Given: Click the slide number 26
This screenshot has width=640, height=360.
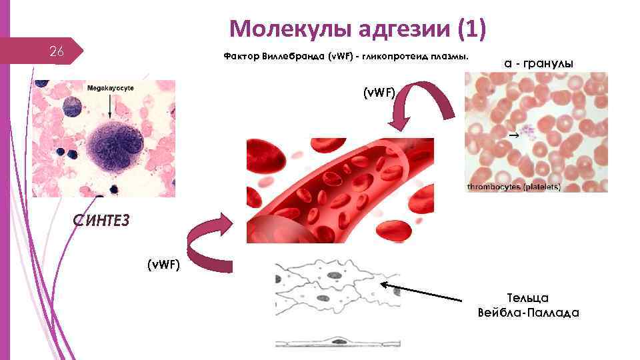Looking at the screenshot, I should (x=57, y=52).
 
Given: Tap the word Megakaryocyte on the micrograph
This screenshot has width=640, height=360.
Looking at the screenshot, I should (x=109, y=88).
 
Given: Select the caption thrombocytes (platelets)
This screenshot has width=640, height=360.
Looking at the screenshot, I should (x=513, y=187).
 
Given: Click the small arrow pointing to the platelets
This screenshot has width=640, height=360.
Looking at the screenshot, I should (x=514, y=135).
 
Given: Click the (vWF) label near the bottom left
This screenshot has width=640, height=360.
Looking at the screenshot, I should (x=163, y=265).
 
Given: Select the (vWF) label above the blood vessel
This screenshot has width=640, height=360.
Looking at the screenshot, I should (x=379, y=93).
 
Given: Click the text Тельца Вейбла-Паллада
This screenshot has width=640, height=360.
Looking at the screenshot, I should (x=528, y=305).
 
